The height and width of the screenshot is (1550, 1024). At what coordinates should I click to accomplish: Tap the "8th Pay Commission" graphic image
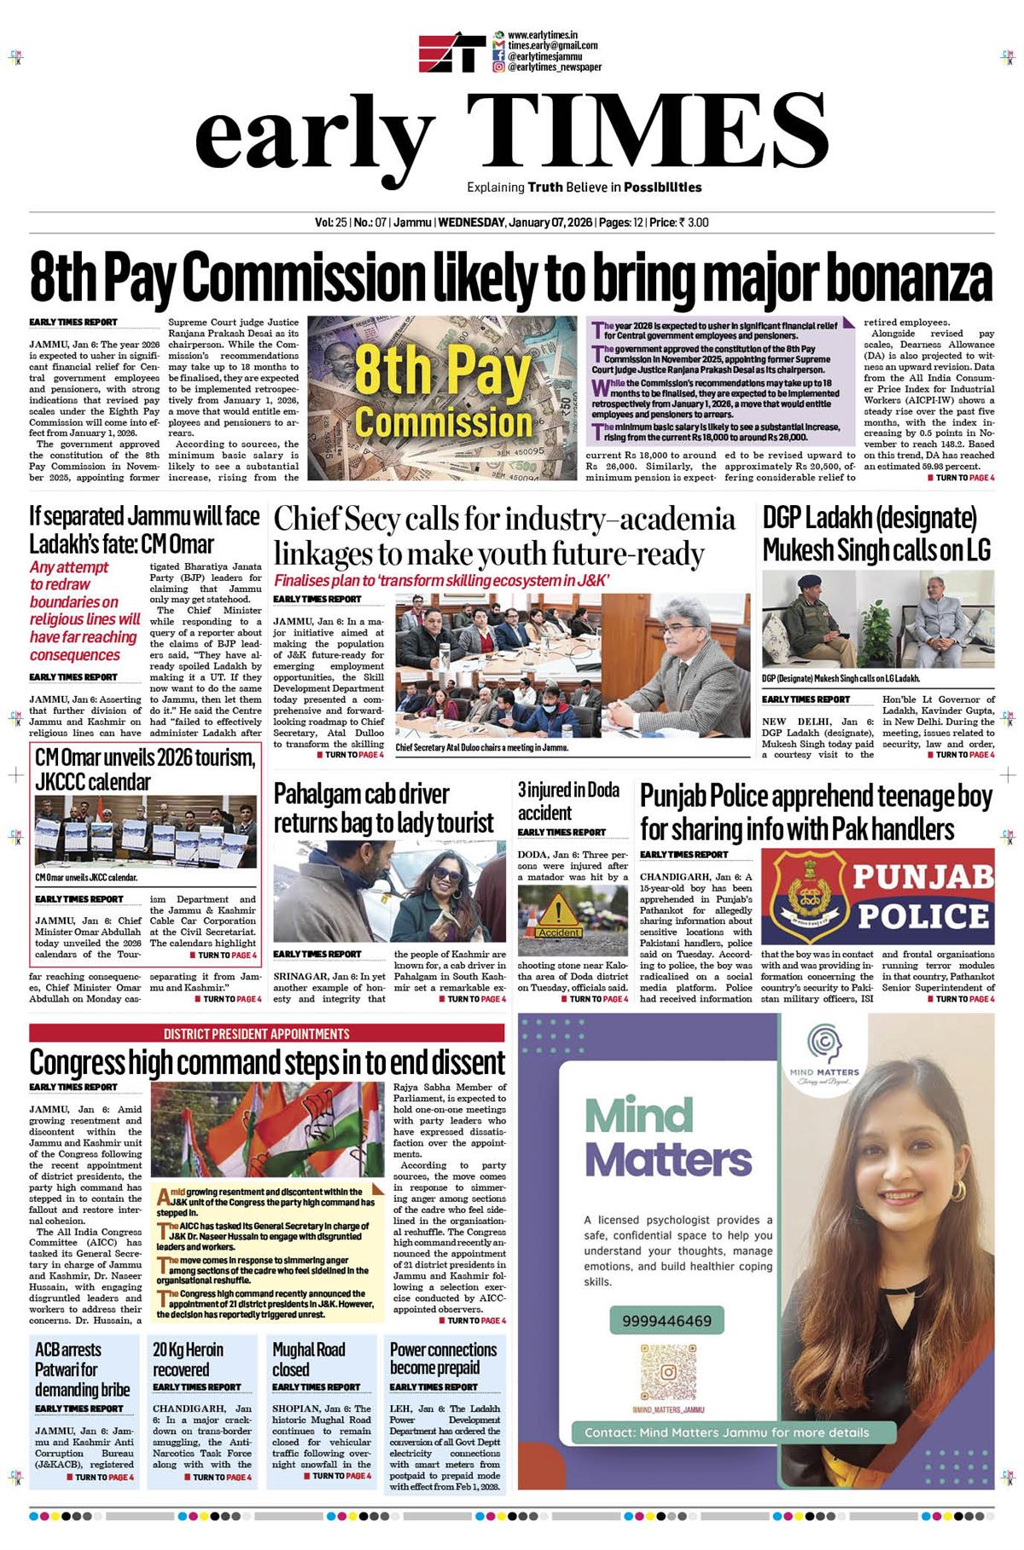(442, 398)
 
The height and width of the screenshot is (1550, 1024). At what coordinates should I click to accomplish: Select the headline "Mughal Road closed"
(308, 1359)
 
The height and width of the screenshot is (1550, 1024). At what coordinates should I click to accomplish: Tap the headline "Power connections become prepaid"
(443, 1359)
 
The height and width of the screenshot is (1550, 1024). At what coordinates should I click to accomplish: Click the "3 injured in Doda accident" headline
(568, 801)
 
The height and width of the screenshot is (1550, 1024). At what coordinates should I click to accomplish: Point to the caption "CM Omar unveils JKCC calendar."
(86, 877)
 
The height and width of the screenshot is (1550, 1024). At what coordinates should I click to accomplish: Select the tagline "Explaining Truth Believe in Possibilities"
(584, 187)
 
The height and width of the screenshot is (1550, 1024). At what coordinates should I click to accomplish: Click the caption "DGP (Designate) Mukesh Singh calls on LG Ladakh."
(841, 678)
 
